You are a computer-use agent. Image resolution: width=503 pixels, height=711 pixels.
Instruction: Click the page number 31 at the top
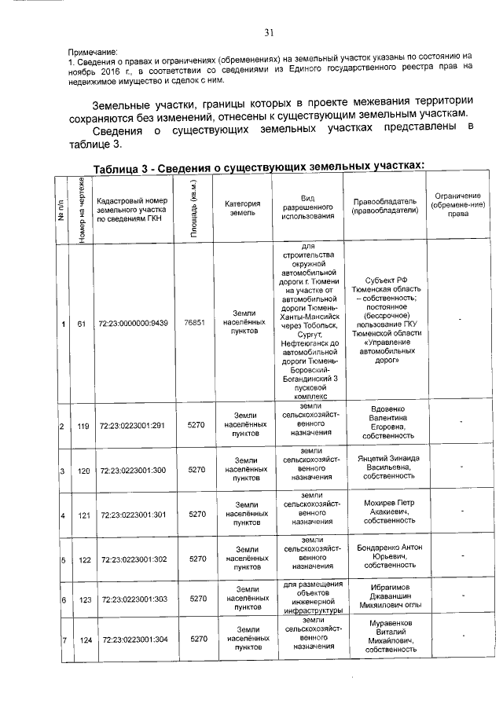268,32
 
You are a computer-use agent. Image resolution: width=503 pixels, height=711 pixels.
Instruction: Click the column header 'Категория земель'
242,207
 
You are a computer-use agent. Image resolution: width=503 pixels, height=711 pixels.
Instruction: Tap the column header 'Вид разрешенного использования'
307,207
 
